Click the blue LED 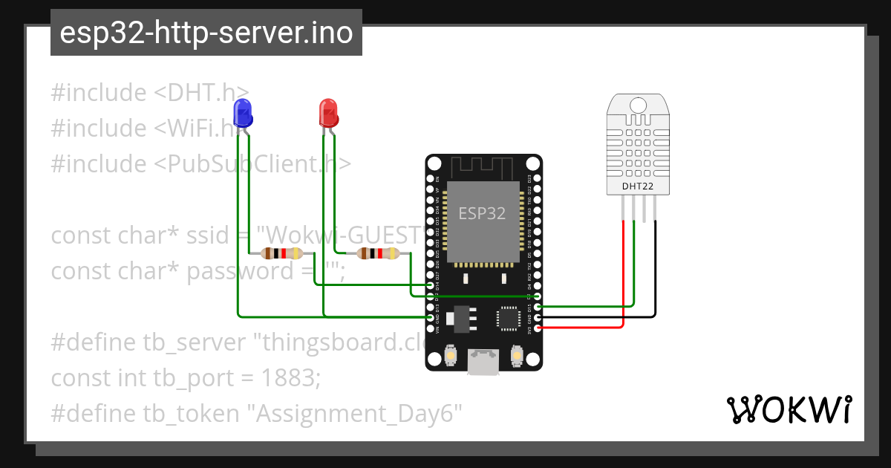tap(242, 112)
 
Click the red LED tap(328, 112)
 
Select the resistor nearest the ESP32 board tap(378, 253)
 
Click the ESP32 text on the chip tap(482, 214)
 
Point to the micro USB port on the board tap(483, 363)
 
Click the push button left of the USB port tap(450, 357)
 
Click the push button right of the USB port tap(518, 357)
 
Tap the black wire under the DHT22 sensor tap(656, 267)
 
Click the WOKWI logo tap(789, 409)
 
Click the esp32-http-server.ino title tap(206, 33)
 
